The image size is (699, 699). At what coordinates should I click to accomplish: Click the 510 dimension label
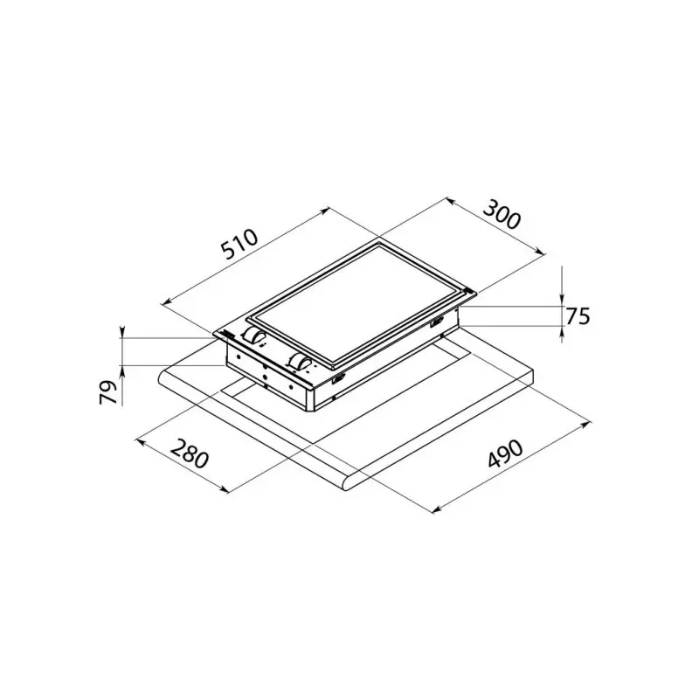237,246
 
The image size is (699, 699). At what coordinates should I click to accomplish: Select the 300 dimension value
502,215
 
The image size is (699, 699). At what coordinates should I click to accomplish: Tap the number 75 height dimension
578,316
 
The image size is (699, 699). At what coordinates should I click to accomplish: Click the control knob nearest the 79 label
255,337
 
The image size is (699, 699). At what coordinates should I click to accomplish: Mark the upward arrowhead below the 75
562,329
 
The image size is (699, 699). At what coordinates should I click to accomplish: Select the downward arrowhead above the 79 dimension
123,332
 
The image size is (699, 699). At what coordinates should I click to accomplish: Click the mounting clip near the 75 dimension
434,324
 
